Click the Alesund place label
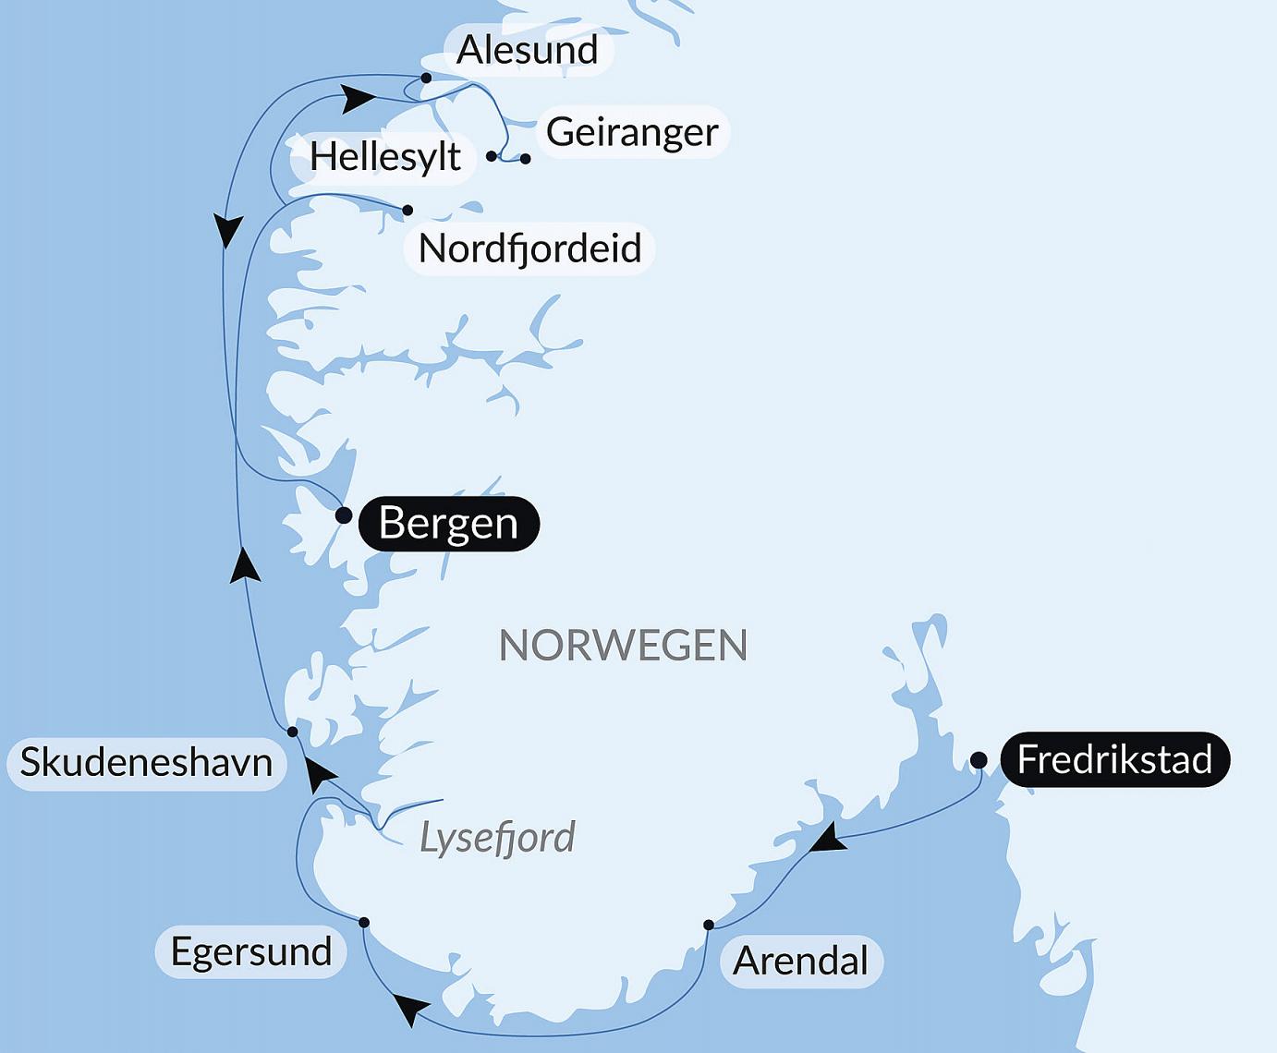click(528, 50)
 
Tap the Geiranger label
click(632, 132)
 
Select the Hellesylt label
click(384, 157)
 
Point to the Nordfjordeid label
click(529, 248)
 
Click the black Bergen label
click(448, 523)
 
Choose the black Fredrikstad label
click(1114, 759)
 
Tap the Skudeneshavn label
click(146, 763)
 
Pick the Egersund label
click(251, 951)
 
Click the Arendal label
click(800, 961)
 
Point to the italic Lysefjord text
click(497, 838)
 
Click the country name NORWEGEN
click(623, 645)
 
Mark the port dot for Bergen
click(344, 515)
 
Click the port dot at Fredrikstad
click(979, 760)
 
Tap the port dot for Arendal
click(709, 925)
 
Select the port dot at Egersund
click(364, 922)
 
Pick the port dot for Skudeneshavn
click(293, 732)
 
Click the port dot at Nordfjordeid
click(407, 210)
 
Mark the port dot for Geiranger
click(526, 159)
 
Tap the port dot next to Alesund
click(426, 78)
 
